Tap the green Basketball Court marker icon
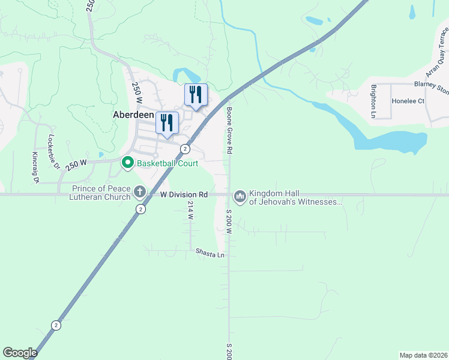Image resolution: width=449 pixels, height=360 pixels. [127, 163]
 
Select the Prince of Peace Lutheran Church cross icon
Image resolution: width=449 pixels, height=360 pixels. [139, 192]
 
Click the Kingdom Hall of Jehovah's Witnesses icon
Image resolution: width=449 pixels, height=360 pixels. [240, 196]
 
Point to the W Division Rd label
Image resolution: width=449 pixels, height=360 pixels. [184, 194]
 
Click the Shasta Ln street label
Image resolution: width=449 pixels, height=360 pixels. [210, 254]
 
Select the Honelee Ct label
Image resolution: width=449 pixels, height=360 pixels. [408, 101]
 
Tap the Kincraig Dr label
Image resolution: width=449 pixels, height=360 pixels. [35, 167]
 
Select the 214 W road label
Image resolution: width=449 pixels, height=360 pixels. [190, 210]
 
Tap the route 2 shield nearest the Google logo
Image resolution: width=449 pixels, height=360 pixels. [56, 325]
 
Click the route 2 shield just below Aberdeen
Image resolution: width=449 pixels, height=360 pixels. [185, 149]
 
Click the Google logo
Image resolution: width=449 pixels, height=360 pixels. [20, 353]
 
